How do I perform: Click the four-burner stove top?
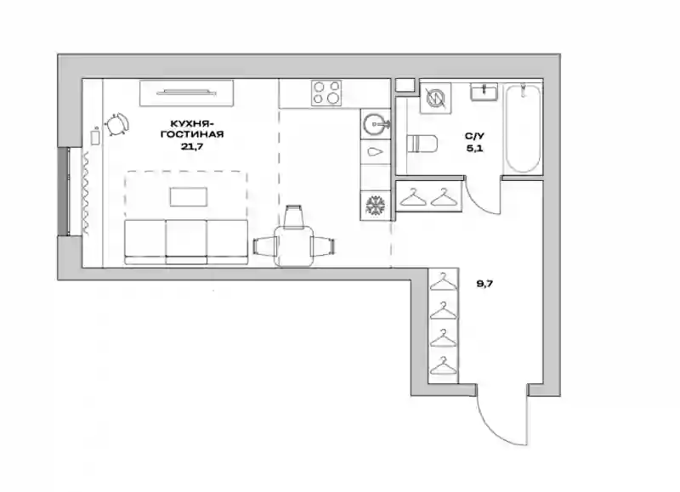point(326,93)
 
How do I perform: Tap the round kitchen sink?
point(375,125)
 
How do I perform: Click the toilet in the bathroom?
point(422,144)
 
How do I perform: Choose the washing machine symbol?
point(435,98)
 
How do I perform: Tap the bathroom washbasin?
point(484,93)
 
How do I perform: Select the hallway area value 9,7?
point(484,284)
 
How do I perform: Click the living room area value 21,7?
point(192,146)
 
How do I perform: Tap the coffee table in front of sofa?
point(189,197)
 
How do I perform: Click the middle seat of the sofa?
point(186,241)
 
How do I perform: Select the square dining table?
point(294,246)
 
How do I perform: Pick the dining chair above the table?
point(293,216)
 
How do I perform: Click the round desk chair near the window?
point(116,125)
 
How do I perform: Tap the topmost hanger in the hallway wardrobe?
point(443,281)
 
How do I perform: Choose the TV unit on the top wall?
point(186,93)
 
